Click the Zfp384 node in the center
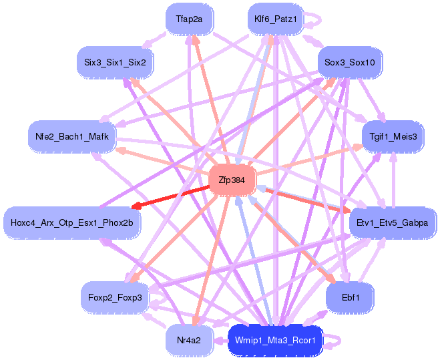pos(232,180)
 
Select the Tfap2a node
pos(190,19)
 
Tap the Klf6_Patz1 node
pos(275,19)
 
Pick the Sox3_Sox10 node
pos(349,62)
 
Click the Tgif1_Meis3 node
pos(393,136)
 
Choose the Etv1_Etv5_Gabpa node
pos(393,222)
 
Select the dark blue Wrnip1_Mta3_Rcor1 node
pos(275,340)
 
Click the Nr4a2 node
pos(189,340)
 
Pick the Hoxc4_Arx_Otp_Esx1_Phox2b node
pos(72,222)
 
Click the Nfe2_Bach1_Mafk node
pos(72,137)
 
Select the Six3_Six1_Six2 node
pos(115,62)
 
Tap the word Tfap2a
pos(190,19)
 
